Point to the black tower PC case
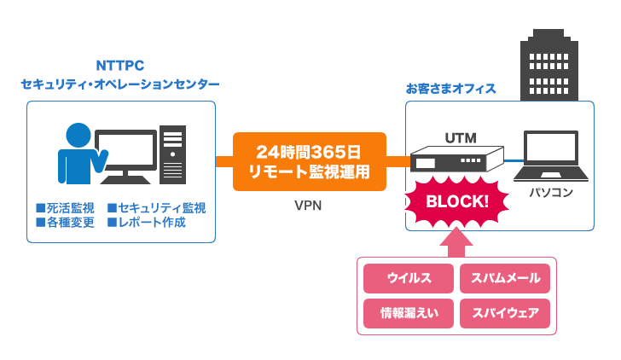pos(172,154)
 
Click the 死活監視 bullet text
pos(65,208)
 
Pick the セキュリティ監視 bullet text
pos(156,208)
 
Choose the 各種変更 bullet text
pos(65,223)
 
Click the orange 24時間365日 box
pos(309,161)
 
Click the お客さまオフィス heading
pos(450,89)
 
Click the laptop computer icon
pos(550,157)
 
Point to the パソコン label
pos(550,193)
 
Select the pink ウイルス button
pos(409,279)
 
